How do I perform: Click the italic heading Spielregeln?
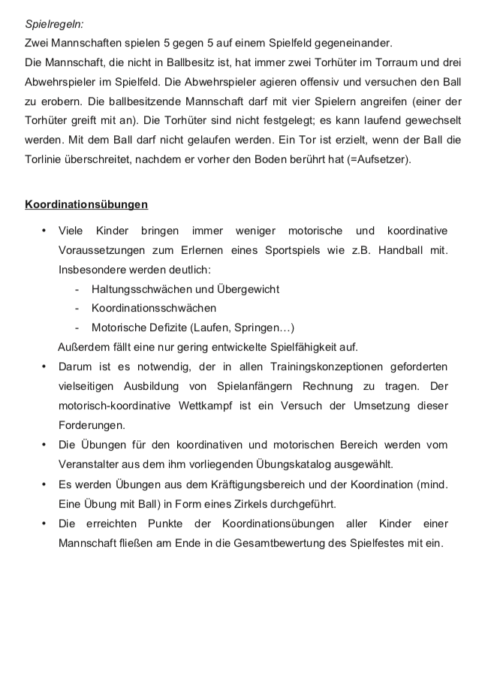(x=53, y=23)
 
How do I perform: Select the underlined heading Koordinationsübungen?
(x=86, y=204)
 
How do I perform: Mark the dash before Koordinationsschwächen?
(x=77, y=308)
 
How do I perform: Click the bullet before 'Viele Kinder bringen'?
(x=44, y=230)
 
